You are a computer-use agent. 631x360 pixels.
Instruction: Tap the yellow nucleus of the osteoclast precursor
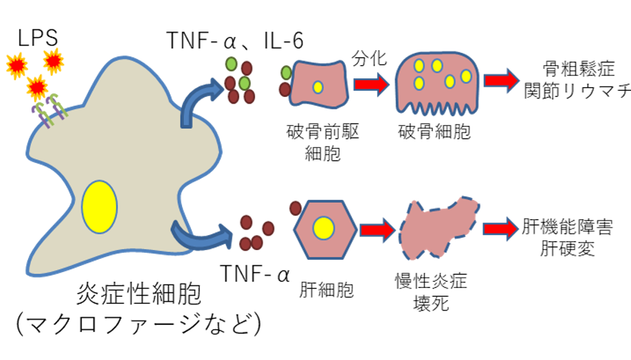pos(318,87)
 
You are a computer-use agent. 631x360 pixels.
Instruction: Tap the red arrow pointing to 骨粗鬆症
pos(500,79)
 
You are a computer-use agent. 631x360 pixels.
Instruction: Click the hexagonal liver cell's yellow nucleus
pos(323,227)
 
